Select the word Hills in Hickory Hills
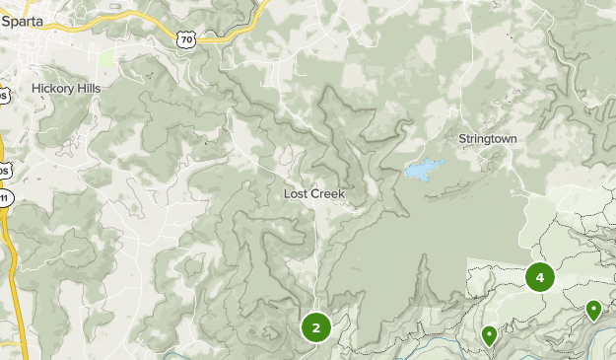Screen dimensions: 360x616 click(86, 88)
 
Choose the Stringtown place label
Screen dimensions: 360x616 click(487, 139)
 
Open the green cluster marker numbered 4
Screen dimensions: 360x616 click(539, 277)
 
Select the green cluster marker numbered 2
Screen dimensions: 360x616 click(315, 327)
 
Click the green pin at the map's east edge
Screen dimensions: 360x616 click(593, 311)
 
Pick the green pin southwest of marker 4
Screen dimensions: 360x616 click(489, 335)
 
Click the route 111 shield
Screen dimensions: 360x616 click(5, 198)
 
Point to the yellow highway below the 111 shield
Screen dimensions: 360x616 click(9, 256)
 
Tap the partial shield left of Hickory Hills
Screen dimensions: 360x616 click(4, 95)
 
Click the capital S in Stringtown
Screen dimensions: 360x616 click(462, 139)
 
